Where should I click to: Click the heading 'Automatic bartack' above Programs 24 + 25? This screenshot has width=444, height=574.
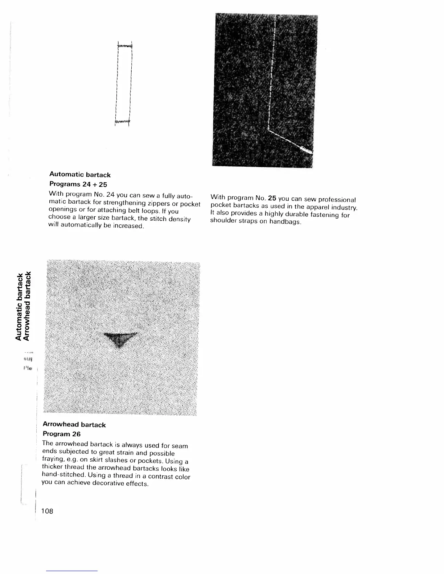pos(79,175)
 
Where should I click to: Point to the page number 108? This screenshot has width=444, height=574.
pos(47,511)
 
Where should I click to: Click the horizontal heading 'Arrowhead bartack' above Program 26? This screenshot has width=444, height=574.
pos(74,425)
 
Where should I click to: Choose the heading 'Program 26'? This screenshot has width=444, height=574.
pos(61,434)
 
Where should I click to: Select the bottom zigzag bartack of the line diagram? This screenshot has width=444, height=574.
pos(122,121)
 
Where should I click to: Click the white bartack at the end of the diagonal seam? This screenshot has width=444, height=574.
pos(307,149)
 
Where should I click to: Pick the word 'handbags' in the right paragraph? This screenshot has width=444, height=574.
pos(288,221)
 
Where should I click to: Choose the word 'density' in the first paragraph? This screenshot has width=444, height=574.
pos(179,220)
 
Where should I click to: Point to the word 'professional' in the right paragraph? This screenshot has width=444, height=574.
pos(337,200)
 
